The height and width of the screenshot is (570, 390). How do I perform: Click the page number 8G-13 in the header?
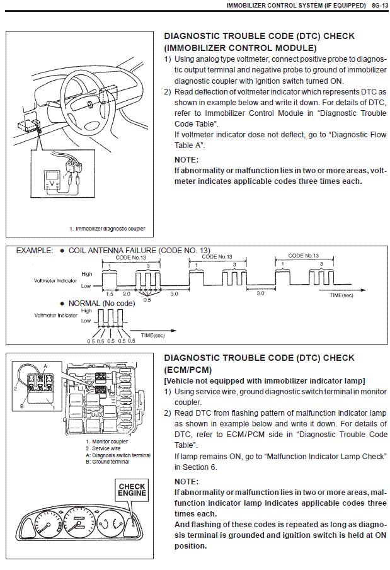[377, 5]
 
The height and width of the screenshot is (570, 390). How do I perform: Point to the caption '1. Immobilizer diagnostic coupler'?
[107, 229]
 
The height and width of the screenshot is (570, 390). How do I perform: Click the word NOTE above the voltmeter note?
[186, 160]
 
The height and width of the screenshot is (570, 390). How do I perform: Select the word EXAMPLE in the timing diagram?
[35, 250]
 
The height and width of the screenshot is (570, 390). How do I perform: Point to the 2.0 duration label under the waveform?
[127, 294]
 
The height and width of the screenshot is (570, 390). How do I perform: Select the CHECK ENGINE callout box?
[132, 489]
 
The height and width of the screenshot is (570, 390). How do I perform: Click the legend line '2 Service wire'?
[106, 448]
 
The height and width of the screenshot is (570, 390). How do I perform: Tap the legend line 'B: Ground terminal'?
[111, 462]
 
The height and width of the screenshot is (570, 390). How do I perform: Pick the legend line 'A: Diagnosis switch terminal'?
[118, 455]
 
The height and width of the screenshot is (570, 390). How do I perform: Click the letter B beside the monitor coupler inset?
[21, 407]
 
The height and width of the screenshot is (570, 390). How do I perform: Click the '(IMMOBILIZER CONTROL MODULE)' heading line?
[240, 47]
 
